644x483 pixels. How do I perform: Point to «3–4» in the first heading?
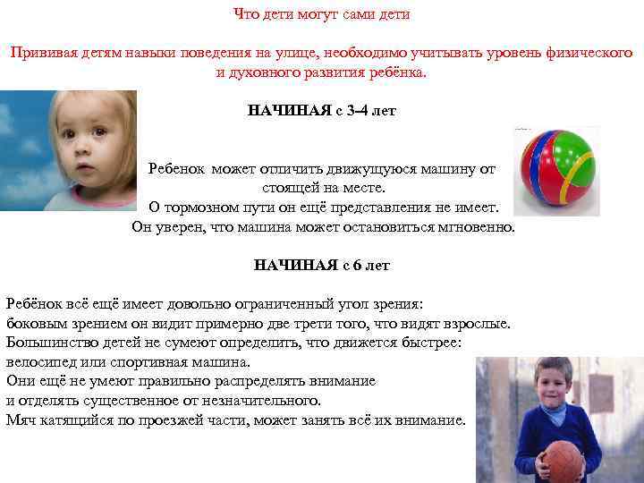(363, 112)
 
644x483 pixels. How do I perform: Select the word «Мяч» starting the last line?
(21, 419)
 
